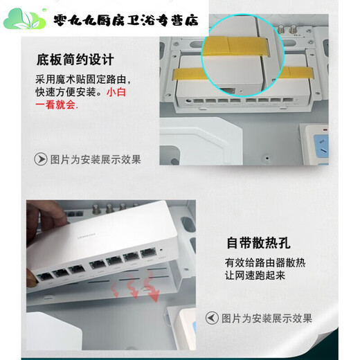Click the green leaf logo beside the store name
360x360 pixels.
pos(24,18)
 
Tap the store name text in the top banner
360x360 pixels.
pos(125,19)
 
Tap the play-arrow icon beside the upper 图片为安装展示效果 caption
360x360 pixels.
pos(42,159)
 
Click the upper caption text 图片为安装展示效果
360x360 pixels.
pos(96,159)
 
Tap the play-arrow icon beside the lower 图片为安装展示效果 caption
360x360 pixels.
pos(212,318)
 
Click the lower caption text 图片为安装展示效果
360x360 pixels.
pos(267,318)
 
